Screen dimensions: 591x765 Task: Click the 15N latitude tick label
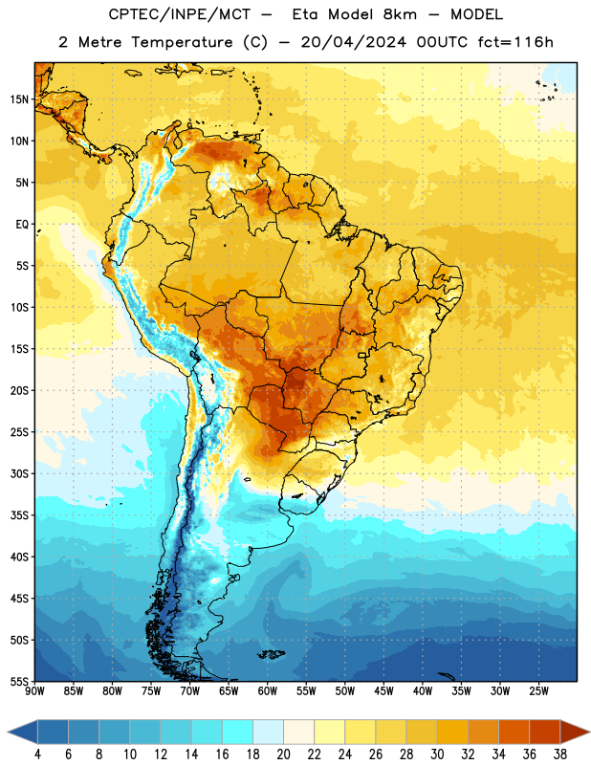click(x=19, y=99)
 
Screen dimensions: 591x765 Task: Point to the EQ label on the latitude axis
click(x=22, y=225)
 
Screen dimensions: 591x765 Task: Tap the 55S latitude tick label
click(x=19, y=681)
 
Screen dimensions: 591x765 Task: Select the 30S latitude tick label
click(x=19, y=473)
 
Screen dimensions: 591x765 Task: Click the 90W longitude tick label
click(x=35, y=691)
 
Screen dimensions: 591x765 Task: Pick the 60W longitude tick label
click(x=268, y=691)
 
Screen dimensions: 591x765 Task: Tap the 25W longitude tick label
click(x=538, y=691)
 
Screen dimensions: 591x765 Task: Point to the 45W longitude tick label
click(x=383, y=691)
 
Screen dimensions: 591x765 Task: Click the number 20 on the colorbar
click(x=283, y=754)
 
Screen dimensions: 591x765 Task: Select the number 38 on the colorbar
click(x=560, y=754)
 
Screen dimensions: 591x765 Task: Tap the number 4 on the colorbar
click(x=37, y=754)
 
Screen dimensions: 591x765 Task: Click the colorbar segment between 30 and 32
click(x=452, y=732)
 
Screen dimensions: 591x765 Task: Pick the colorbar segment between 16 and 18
click(x=237, y=732)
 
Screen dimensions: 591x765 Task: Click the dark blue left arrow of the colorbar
click(x=23, y=732)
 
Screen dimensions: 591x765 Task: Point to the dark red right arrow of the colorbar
click(x=575, y=732)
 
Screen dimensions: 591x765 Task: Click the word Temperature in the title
click(x=182, y=42)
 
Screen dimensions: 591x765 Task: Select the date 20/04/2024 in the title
click(x=353, y=42)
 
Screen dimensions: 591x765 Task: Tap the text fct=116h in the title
click(x=515, y=42)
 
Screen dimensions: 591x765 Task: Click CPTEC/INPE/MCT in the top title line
click(x=179, y=14)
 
